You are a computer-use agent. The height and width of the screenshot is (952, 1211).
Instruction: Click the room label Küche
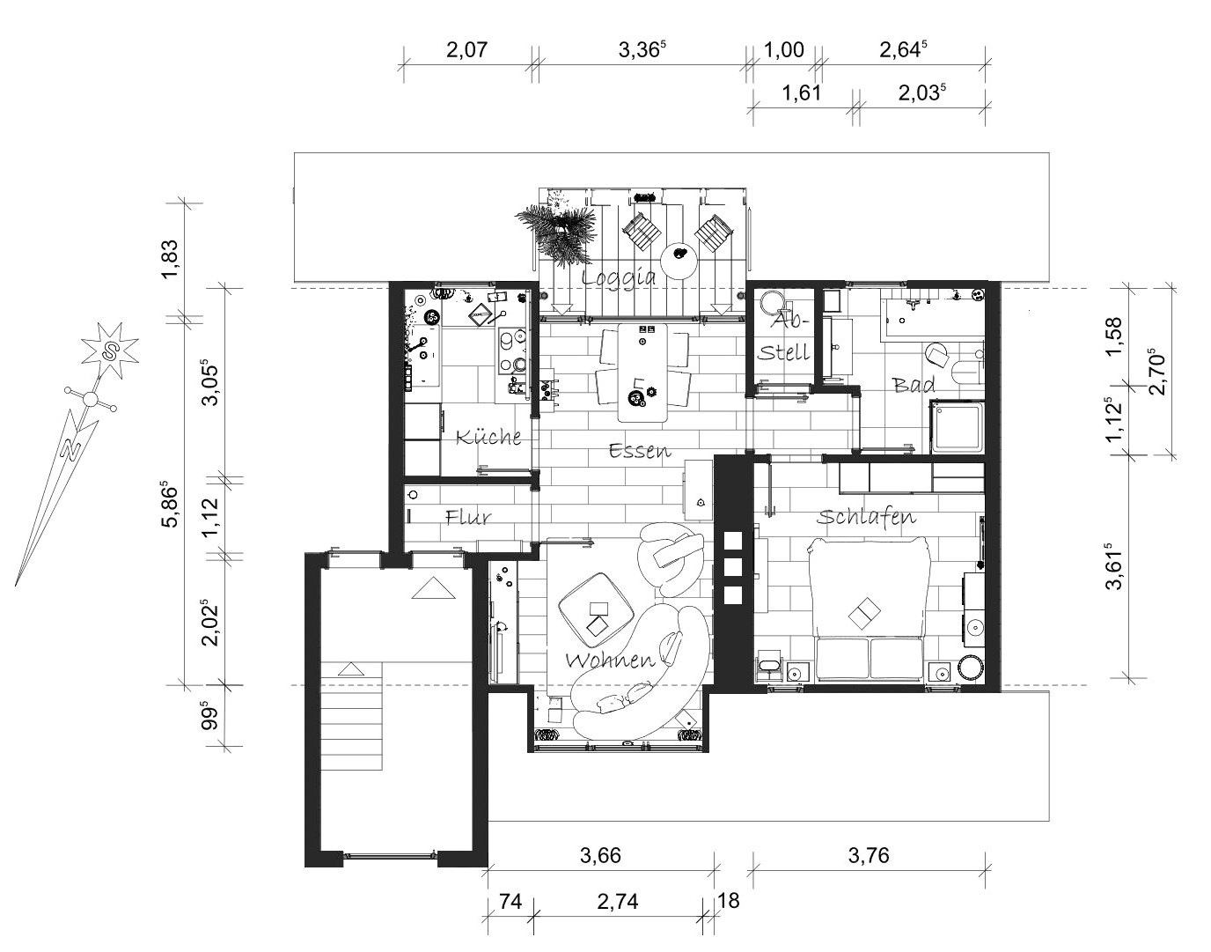(x=488, y=437)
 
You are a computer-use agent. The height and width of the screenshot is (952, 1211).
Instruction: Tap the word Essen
(x=640, y=450)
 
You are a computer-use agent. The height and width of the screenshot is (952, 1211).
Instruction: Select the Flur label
(x=468, y=517)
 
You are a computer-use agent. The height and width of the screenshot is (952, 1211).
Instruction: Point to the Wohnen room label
(x=610, y=660)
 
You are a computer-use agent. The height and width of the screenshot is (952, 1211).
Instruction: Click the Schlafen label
(x=866, y=517)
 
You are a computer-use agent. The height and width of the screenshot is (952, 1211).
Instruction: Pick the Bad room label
(x=914, y=385)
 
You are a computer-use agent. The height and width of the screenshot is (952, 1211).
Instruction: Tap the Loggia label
(x=619, y=277)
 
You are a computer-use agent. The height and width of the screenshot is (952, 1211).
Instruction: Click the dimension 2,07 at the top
(x=467, y=50)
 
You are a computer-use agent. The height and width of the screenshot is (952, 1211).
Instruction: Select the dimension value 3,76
(x=869, y=854)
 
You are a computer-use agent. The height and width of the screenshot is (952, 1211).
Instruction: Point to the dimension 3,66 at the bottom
(x=600, y=854)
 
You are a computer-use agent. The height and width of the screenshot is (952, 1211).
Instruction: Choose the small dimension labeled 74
(x=510, y=901)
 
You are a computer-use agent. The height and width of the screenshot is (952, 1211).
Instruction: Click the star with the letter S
(x=110, y=350)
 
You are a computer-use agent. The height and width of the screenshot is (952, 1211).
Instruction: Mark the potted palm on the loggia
(x=557, y=233)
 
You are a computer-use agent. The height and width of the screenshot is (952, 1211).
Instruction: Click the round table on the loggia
(x=679, y=262)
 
